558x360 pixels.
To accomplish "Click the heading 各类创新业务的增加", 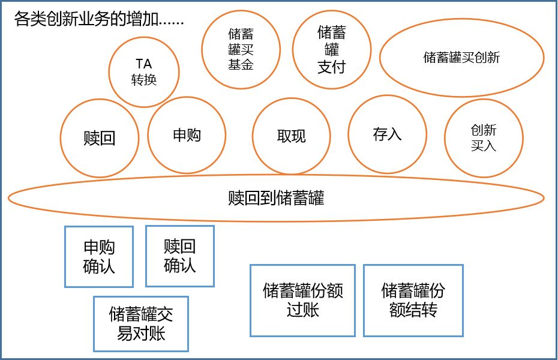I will coord(99,19).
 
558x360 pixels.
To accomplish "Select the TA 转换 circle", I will coord(144,72).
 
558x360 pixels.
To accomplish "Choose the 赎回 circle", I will coord(100,139).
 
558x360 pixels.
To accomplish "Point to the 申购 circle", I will coord(187,136).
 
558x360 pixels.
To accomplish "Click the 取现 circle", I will coord(292,136).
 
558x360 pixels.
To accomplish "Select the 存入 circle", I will coord(387,134).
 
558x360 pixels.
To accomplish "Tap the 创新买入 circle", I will coord(484,137).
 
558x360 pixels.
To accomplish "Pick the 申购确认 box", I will coord(99,256).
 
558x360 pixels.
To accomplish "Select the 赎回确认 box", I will coord(180,256).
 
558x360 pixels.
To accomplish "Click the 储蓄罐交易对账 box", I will coord(141,323).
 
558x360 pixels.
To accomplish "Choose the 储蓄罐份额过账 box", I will coord(303,300).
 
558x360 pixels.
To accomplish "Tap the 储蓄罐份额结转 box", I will coord(413,300).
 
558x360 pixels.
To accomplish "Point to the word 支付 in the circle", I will coord(332,66).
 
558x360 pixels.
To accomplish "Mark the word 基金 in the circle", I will coord(241,64).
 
